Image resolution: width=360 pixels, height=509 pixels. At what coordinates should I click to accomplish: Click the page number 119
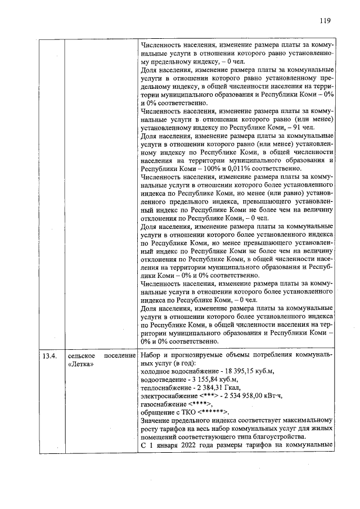click(x=324, y=21)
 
